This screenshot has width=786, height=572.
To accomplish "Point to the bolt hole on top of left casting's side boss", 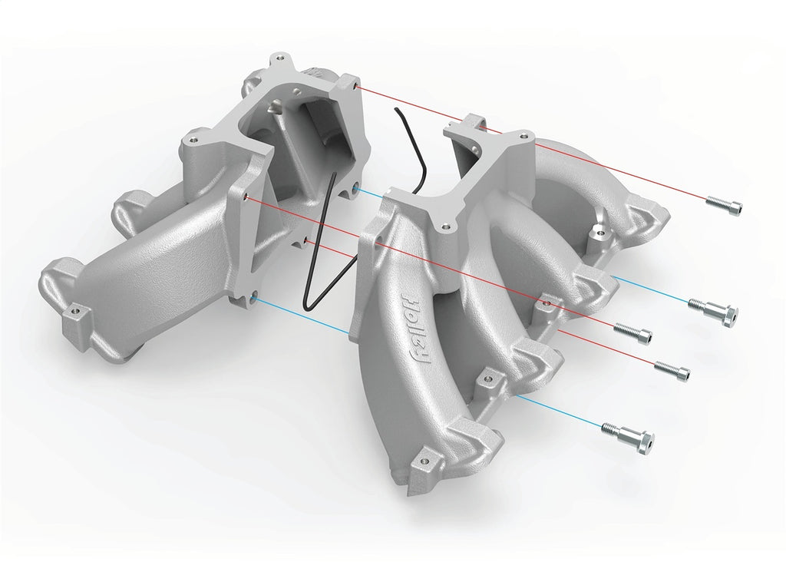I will tap(191, 141).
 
